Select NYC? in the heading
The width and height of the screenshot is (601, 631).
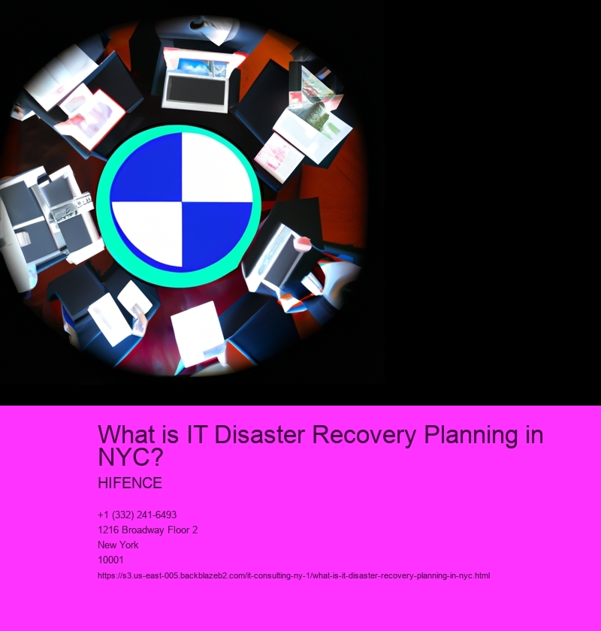131,457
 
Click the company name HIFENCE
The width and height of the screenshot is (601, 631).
130,483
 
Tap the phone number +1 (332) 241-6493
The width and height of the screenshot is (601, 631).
137,515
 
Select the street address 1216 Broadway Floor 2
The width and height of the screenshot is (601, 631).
147,530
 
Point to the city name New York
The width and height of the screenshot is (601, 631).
118,545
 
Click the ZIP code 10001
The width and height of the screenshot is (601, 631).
110,560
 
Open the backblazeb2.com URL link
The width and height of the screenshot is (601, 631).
294,575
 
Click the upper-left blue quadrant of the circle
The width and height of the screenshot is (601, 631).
147,169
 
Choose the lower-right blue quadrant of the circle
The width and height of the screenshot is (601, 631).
216,234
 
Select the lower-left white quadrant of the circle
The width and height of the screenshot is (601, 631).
148,234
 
